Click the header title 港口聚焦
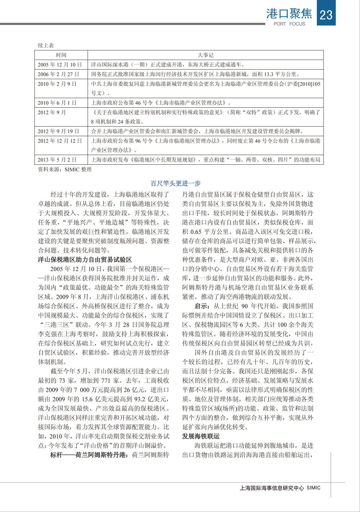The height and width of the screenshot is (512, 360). (289, 13)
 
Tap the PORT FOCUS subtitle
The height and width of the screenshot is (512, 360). (289, 24)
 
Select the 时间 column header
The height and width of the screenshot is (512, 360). (61, 55)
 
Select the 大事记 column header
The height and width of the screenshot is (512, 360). (205, 55)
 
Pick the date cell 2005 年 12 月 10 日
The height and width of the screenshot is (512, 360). (60, 64)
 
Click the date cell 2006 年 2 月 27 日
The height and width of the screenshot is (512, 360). (58, 74)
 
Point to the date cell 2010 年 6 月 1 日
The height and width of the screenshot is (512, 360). (57, 103)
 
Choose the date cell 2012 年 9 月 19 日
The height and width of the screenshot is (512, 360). (58, 131)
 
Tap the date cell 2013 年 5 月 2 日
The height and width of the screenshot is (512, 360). (57, 160)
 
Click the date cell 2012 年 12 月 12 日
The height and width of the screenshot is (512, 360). (60, 141)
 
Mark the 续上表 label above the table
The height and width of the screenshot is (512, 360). (46, 45)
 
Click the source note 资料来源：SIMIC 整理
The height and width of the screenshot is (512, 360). (65, 169)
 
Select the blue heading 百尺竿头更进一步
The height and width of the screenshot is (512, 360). (175, 183)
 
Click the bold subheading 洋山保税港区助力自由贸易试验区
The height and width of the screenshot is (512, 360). (85, 259)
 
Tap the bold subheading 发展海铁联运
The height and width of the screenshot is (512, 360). (201, 436)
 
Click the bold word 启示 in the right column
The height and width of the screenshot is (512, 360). (201, 306)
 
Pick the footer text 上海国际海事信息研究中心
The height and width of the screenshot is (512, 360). (272, 488)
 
